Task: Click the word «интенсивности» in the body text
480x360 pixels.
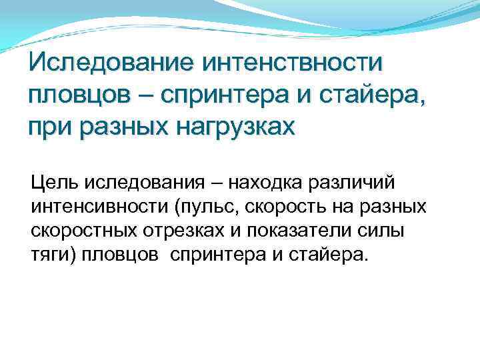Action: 99,207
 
